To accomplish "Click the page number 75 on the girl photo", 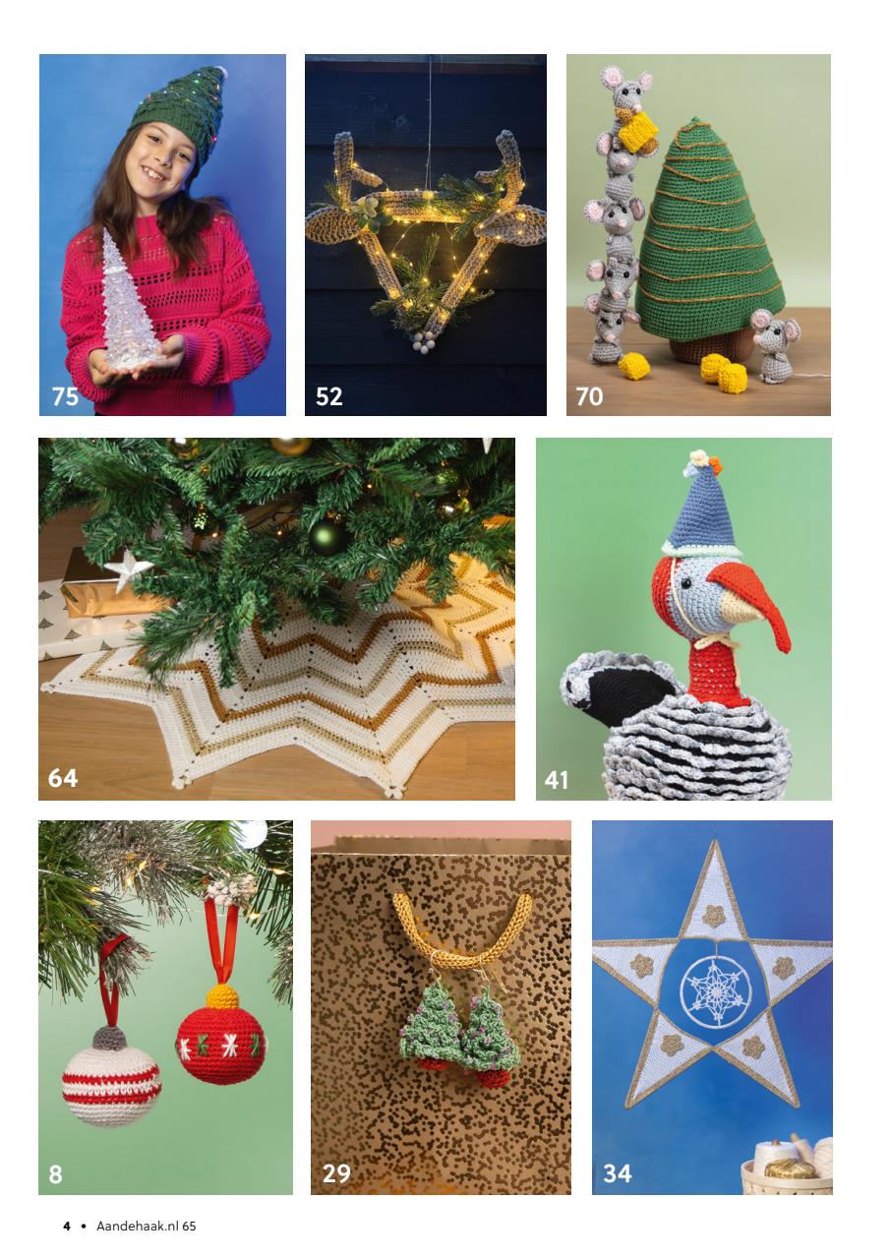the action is click(x=65, y=396).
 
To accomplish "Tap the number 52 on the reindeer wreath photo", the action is click(x=328, y=396).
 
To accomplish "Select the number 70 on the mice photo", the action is click(x=589, y=396).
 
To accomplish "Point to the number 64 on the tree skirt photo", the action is click(x=62, y=778).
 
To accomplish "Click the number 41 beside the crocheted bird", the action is click(x=557, y=780).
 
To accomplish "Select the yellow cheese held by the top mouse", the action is click(x=637, y=131).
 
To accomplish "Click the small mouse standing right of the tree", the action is click(x=775, y=344).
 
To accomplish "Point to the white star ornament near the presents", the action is click(x=128, y=570).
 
